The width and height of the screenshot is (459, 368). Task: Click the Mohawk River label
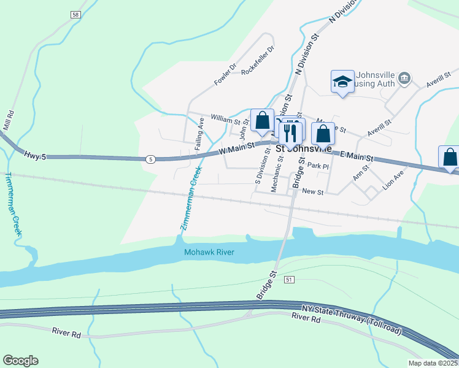click(209, 252)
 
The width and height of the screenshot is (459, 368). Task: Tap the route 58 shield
click(75, 14)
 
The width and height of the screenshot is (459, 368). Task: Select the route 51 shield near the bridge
click(288, 279)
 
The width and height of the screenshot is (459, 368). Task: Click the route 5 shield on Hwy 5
click(150, 159)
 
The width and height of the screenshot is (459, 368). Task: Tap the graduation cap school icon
click(342, 82)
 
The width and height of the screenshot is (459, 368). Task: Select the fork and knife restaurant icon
click(290, 132)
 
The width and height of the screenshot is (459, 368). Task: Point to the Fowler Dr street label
click(225, 75)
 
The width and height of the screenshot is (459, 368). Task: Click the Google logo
click(20, 361)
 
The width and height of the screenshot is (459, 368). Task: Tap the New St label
click(312, 192)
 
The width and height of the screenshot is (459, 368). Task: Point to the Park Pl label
click(318, 166)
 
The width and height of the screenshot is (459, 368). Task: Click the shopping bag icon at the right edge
click(450, 157)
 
